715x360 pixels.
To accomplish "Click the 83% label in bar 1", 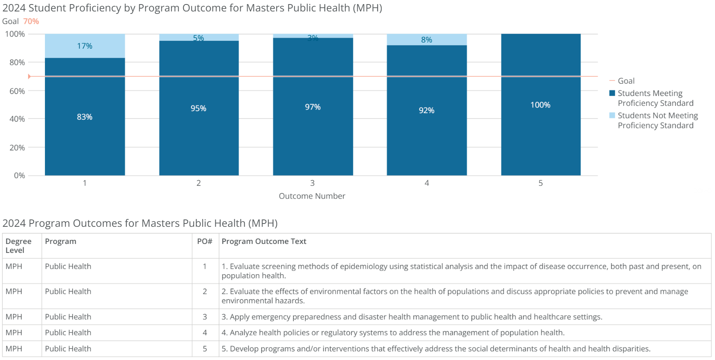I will [85, 117].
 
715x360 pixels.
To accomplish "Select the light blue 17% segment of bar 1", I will [85, 46].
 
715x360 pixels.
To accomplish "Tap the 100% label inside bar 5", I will [540, 105].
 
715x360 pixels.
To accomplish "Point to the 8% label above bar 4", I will [426, 40].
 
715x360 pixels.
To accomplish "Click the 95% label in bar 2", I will [198, 108].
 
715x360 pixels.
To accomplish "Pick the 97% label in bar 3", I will [313, 107].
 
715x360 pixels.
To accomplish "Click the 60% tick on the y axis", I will [17, 91].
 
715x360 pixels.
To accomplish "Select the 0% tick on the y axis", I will [19, 175].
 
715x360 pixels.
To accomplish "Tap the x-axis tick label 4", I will [427, 183].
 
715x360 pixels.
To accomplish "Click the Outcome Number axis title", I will [312, 196].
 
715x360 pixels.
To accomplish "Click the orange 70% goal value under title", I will [31, 21].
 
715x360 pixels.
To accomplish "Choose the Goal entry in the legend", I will [626, 81].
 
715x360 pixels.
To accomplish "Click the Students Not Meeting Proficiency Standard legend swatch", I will [612, 115].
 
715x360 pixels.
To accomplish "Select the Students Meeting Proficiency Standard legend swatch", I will [612, 93].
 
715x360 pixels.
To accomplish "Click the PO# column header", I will [204, 241].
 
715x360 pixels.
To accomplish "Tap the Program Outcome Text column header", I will [264, 241].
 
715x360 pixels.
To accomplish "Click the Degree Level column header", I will [18, 246].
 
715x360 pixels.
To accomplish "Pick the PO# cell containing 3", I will [205, 317].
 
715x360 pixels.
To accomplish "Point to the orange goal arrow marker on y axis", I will [29, 76].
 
